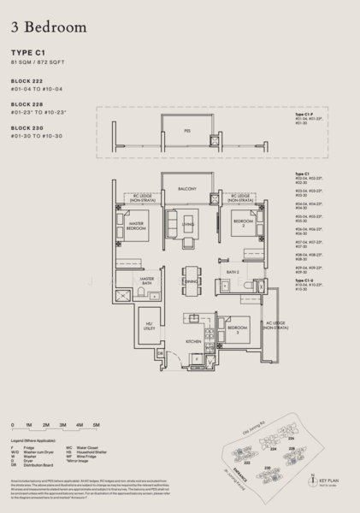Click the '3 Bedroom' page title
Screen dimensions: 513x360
click(49, 27)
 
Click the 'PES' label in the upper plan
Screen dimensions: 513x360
click(187, 130)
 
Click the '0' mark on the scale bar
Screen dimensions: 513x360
click(14, 424)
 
